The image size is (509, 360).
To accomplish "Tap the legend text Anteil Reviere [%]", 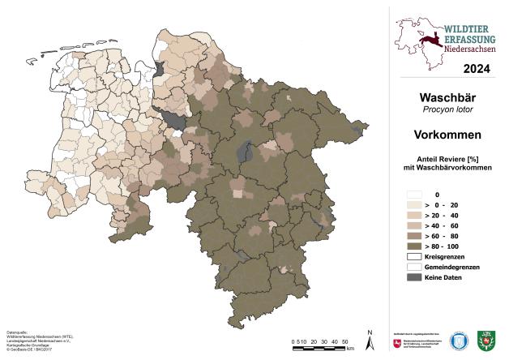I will pyautogui.click(x=448, y=157).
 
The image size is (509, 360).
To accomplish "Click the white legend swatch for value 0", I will pyautogui.click(x=415, y=195).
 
